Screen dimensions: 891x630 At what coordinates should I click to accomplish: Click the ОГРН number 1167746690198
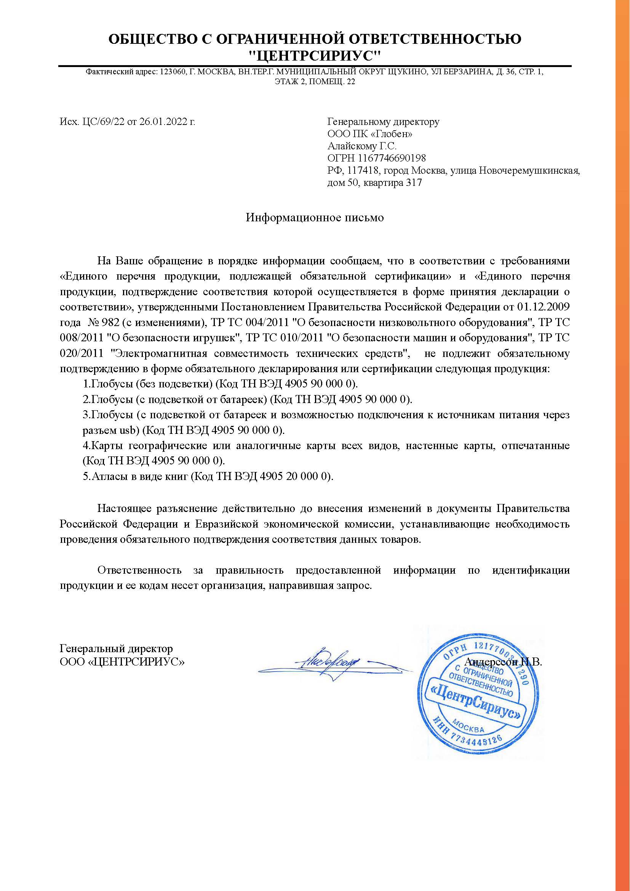(x=392, y=158)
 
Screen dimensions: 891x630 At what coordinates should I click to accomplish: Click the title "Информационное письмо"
(x=315, y=218)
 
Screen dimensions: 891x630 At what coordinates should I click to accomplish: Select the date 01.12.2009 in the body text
(x=544, y=307)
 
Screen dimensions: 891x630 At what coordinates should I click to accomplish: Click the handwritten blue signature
(x=330, y=665)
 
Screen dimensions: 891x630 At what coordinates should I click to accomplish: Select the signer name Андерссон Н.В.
(x=503, y=662)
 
